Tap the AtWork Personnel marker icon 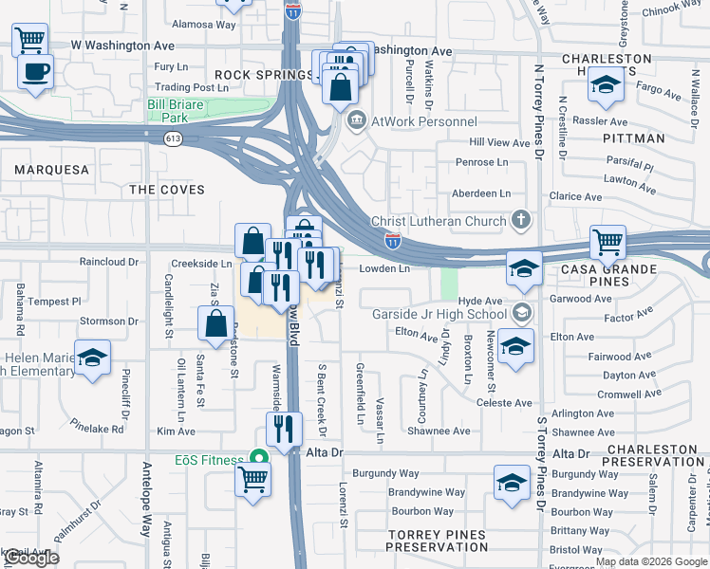pos(358,120)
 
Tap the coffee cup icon pos(35,72)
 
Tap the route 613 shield pos(172,138)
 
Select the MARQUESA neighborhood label pos(52,170)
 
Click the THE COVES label pos(167,190)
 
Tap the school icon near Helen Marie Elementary pos(93,358)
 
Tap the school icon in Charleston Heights pos(604,87)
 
